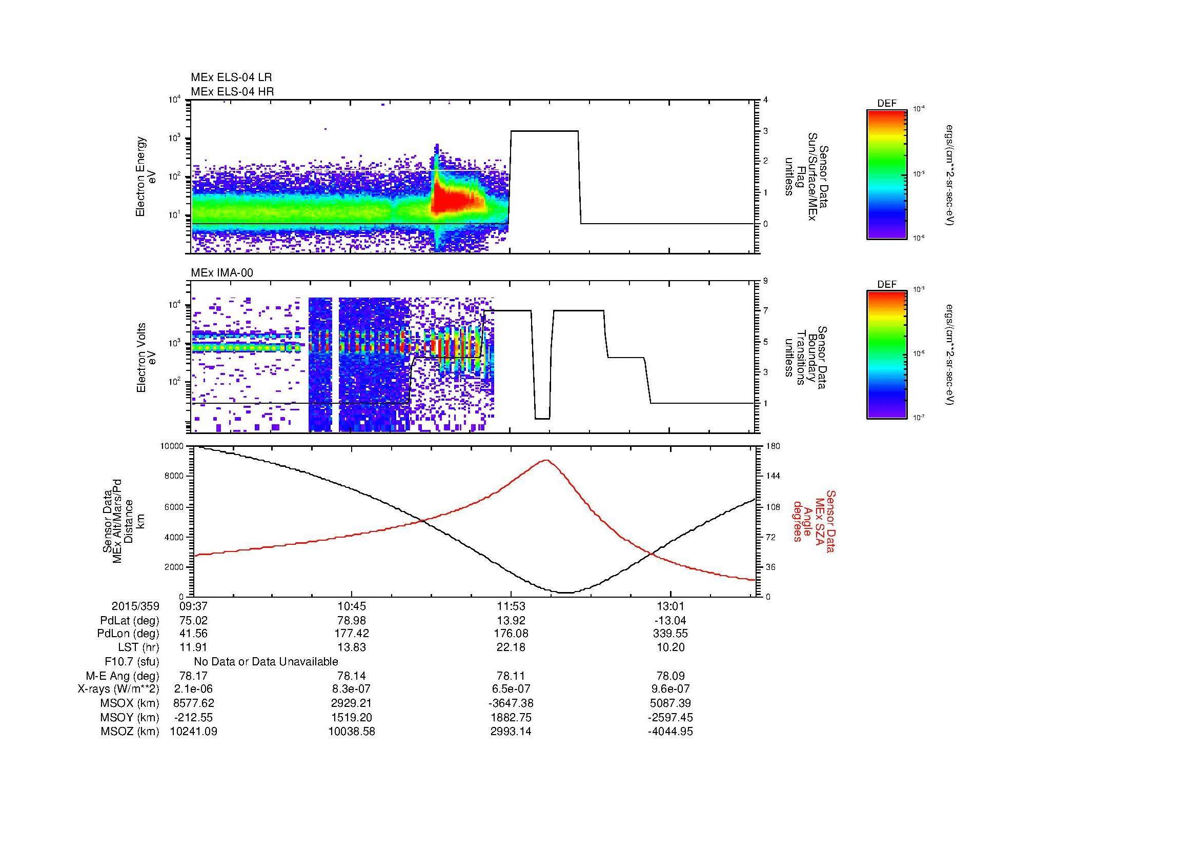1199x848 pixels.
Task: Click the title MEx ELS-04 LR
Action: click(x=231, y=77)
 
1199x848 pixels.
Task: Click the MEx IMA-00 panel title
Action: click(x=222, y=273)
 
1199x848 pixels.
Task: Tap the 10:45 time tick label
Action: click(x=352, y=606)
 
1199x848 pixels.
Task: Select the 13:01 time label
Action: click(x=670, y=606)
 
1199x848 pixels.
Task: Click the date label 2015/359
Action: click(x=135, y=606)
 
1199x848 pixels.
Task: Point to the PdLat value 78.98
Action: click(x=352, y=621)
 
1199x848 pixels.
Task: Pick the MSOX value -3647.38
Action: click(x=511, y=703)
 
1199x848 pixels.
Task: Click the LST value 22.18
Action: click(x=511, y=647)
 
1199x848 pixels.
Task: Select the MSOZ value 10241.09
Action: click(x=193, y=732)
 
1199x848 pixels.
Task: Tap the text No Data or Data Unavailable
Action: click(x=266, y=662)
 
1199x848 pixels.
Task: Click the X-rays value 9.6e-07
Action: click(x=670, y=689)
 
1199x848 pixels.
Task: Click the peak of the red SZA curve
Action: click(x=546, y=460)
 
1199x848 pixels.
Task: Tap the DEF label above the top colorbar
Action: click(x=886, y=104)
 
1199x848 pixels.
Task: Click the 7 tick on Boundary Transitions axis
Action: click(x=765, y=311)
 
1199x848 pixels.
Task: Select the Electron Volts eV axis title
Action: click(x=146, y=358)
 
